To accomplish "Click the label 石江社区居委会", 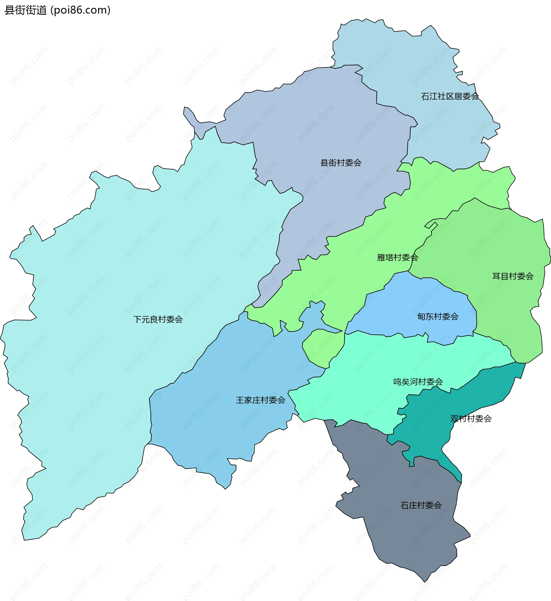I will (450, 96).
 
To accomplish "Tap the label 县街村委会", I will (341, 163).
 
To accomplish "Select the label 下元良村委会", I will (158, 319).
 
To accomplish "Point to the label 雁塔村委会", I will (397, 257).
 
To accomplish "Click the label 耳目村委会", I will (513, 276).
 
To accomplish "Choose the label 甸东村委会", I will (438, 317).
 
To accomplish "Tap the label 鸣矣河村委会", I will (418, 382).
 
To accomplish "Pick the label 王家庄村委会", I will (261, 400).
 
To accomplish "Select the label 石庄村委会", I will (421, 506).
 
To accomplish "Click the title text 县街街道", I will (26, 10).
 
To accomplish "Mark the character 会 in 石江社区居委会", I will (475, 96).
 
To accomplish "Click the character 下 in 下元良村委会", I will (137, 319).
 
